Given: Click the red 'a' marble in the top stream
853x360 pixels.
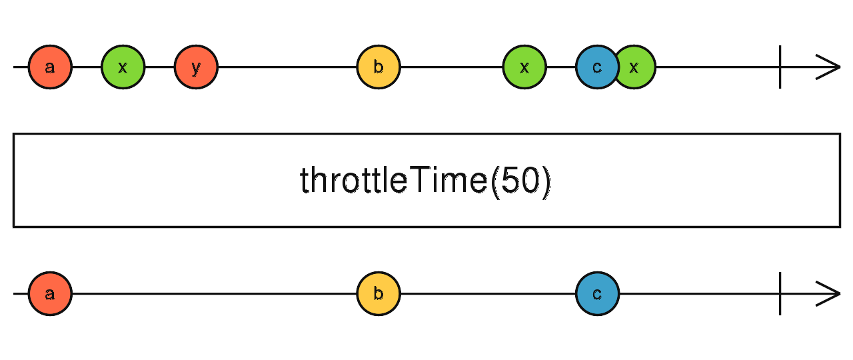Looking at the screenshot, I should tap(50, 67).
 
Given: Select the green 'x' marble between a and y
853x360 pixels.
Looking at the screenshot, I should tap(123, 67).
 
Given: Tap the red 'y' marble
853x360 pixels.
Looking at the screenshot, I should tap(196, 67).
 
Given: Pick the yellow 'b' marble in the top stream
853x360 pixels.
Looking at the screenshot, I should tap(379, 67).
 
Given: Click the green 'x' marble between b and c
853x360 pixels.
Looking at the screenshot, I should tap(524, 67).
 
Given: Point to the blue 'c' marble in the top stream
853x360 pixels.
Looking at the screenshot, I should tap(595, 67).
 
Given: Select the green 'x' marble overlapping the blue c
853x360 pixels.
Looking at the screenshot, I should tap(639, 67).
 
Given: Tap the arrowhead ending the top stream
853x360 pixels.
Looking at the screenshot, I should tap(829, 67).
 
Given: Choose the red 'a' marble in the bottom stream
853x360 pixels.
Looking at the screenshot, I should tap(50, 294).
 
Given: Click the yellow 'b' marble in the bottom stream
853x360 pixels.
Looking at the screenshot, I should tap(379, 294).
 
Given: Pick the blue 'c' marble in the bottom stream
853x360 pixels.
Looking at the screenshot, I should tap(597, 294).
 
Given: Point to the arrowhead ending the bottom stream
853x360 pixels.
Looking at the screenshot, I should tap(829, 294).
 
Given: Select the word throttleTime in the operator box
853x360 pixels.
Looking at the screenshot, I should tap(393, 181).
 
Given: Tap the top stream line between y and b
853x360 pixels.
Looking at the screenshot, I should tap(287, 67).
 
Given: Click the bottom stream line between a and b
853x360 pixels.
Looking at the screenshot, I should tap(213, 294).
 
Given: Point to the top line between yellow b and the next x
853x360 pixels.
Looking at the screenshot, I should tap(451, 67).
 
